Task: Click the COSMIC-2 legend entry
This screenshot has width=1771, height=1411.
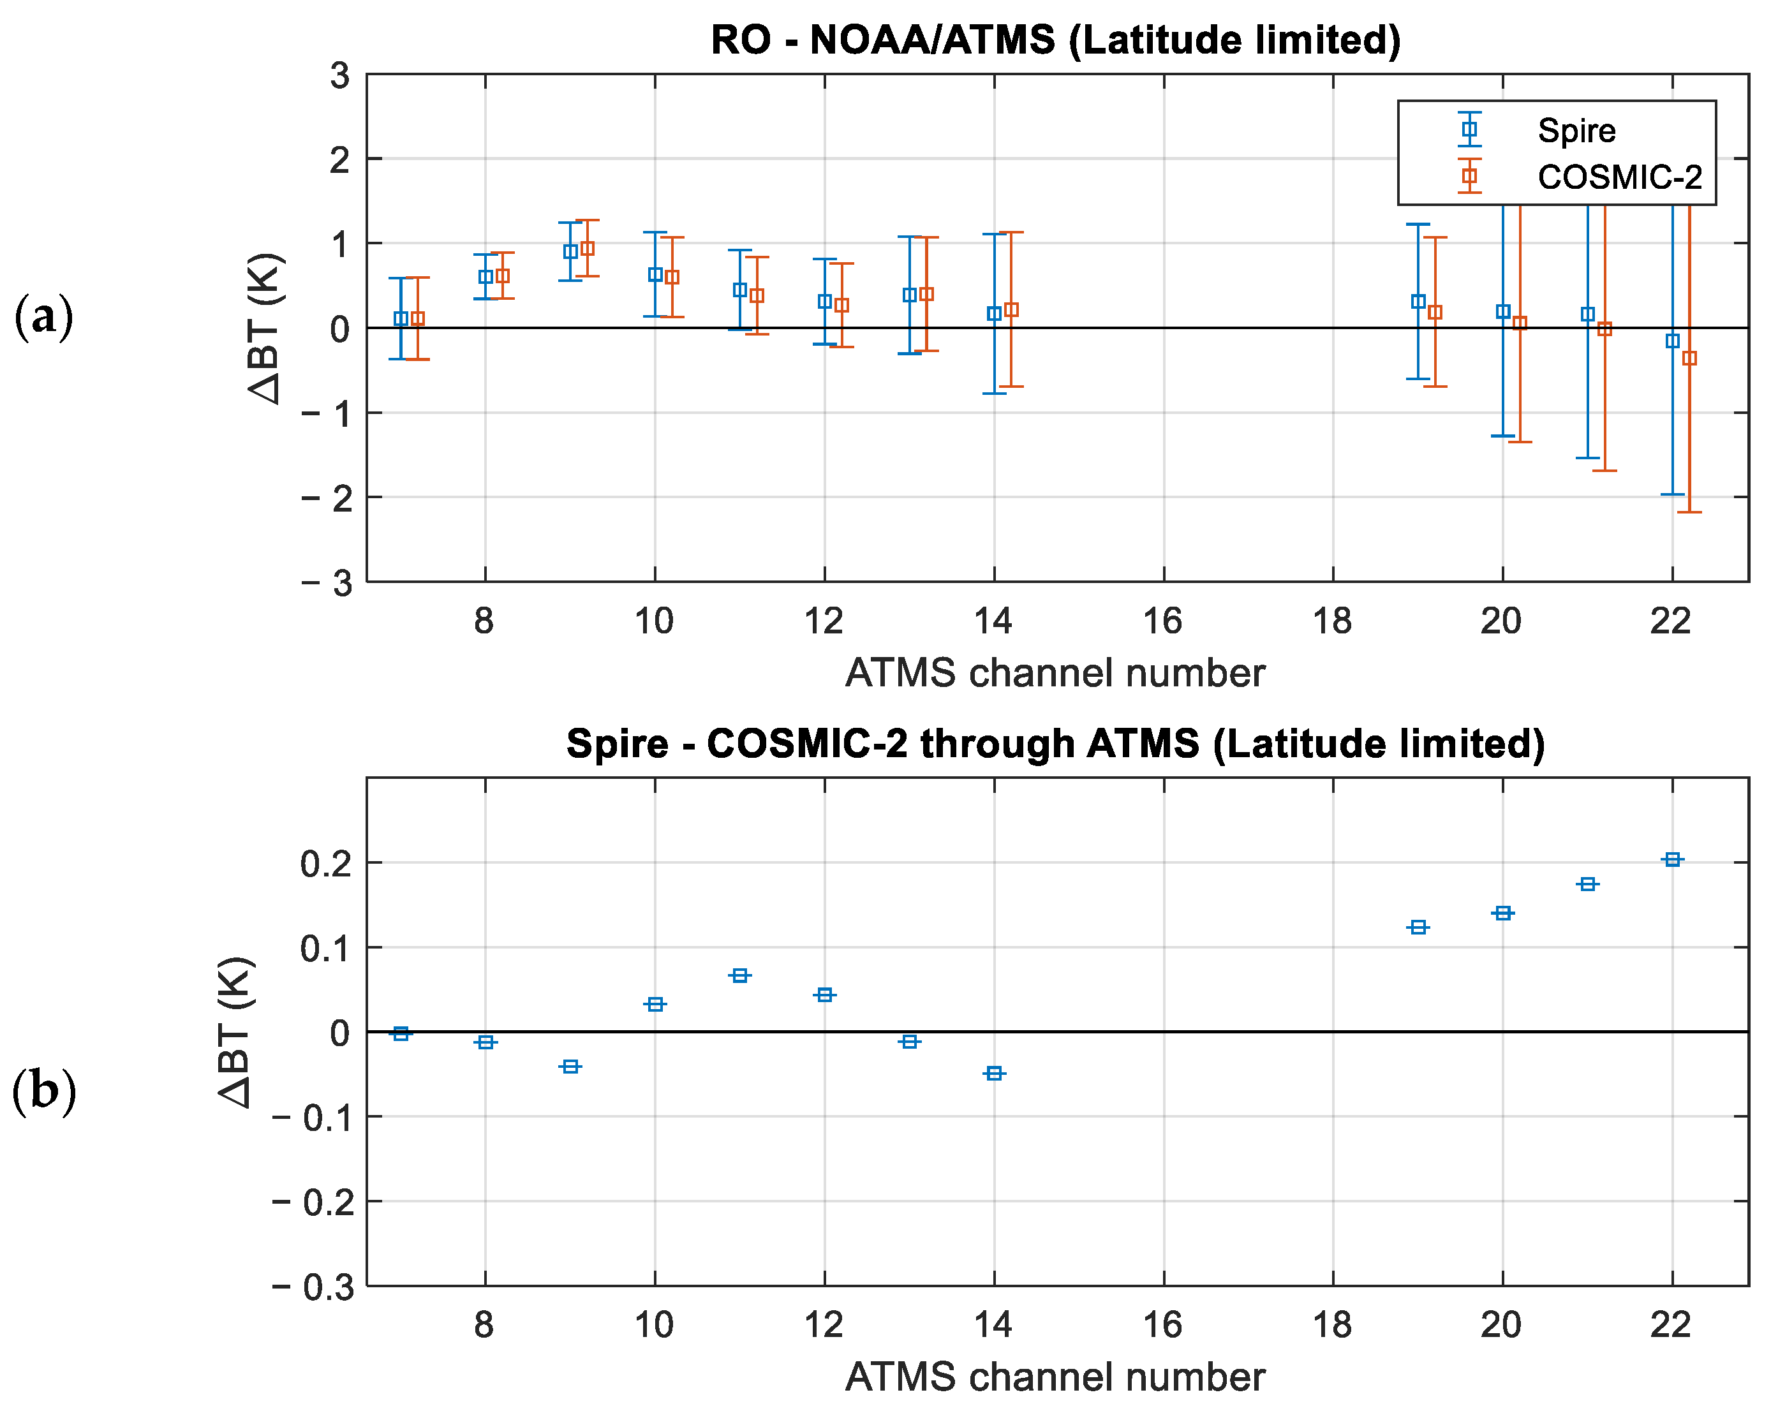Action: pos(1619,177)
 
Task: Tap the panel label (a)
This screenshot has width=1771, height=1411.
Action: pos(43,317)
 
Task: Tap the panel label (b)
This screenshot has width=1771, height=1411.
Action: pos(43,1092)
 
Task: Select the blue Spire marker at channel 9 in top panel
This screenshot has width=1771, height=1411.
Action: pos(570,252)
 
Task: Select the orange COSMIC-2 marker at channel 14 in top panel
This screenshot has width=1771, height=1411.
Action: pos(1011,309)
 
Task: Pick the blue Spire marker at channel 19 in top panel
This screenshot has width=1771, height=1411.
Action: pos(1418,302)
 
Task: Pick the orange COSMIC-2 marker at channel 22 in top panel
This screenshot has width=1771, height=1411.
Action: pos(1689,358)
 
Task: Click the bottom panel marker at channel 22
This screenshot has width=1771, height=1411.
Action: pos(1672,859)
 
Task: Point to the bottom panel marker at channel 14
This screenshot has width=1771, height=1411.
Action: pos(994,1073)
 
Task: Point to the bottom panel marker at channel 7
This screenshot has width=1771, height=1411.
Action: pos(401,1033)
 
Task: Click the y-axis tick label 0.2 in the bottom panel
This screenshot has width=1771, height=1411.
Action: pos(326,863)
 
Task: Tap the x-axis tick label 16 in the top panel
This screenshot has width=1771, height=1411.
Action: pos(1162,622)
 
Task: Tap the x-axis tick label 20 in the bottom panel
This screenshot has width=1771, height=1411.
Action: pos(1501,1326)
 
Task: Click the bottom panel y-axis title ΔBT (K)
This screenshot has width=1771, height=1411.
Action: pos(237,1032)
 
